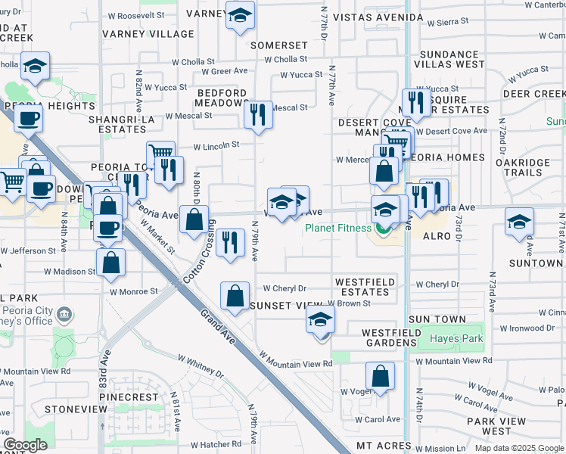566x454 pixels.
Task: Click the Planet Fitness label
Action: click(337, 228)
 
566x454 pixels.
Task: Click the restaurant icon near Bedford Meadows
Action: click(258, 115)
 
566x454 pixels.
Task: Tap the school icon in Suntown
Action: click(519, 222)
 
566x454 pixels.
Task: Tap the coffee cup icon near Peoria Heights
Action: click(29, 117)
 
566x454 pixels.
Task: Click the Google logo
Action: click(25, 445)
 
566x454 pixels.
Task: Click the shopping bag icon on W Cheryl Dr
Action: click(235, 295)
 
